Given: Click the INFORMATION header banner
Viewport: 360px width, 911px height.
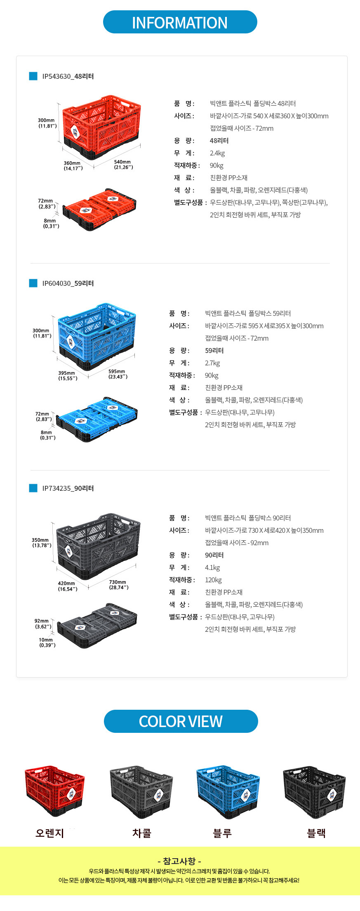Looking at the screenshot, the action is pyautogui.click(x=180, y=22).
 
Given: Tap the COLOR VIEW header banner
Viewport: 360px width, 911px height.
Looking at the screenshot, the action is pyautogui.click(x=181, y=721).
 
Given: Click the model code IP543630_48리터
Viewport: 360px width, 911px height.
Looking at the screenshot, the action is pyautogui.click(x=68, y=76).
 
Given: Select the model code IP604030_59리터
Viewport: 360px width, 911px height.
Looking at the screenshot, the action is pyautogui.click(x=68, y=283).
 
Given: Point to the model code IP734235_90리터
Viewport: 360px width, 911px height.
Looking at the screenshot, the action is pyautogui.click(x=68, y=488).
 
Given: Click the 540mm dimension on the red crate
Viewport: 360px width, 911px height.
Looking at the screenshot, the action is pyautogui.click(x=123, y=165).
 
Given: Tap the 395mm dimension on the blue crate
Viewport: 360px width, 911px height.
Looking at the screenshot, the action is pyautogui.click(x=68, y=375).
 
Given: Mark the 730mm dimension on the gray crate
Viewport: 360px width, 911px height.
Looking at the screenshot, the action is pyautogui.click(x=119, y=584).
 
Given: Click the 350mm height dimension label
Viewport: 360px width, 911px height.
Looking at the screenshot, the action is pyautogui.click(x=42, y=542).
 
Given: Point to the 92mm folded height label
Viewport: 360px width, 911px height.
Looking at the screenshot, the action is pyautogui.click(x=43, y=624).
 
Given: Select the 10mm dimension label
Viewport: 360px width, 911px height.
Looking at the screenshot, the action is pyautogui.click(x=47, y=642).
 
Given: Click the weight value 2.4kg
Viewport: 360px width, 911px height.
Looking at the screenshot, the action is pyautogui.click(x=217, y=153).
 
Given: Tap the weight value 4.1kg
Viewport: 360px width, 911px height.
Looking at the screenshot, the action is pyautogui.click(x=212, y=567).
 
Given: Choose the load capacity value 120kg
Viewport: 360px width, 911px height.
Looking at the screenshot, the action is pyautogui.click(x=213, y=580).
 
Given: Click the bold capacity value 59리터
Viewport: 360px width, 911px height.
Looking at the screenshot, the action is pyautogui.click(x=214, y=351).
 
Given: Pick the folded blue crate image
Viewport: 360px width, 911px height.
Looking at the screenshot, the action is pyautogui.click(x=96, y=419).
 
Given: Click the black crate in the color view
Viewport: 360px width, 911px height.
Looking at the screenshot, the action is pyautogui.click(x=314, y=792).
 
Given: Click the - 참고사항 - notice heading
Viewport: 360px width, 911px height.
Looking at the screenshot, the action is pyautogui.click(x=179, y=861).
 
